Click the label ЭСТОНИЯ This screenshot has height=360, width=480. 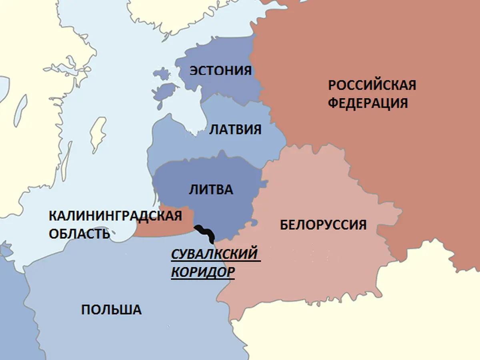[x=220, y=71]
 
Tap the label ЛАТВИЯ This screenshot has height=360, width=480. [x=236, y=130]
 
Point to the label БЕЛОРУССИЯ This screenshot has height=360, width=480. [x=323, y=225]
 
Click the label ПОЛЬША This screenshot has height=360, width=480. [x=111, y=310]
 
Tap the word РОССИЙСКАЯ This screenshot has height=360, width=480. [x=372, y=85]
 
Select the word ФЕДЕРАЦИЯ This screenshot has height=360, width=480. [x=368, y=103]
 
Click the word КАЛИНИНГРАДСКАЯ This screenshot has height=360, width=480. [x=115, y=216]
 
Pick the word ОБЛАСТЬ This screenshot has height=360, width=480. [x=79, y=234]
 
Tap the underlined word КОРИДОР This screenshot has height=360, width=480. [x=203, y=272]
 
